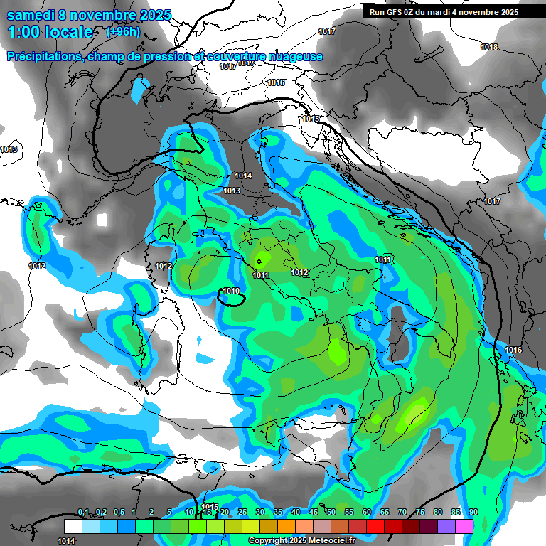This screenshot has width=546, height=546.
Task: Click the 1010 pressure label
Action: point(231,291)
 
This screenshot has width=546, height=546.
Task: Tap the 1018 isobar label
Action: point(489,47)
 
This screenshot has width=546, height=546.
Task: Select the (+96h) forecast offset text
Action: point(123,31)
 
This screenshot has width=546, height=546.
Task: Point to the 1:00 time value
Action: point(23,32)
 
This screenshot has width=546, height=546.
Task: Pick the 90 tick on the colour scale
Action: point(473,513)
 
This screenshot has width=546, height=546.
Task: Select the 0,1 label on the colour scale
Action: point(83,513)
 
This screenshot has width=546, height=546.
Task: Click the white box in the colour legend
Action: point(73,526)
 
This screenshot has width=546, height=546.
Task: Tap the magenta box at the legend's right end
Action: point(464,526)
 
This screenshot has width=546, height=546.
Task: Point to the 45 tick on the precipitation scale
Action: point(314,513)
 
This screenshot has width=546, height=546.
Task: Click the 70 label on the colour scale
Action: point(402,513)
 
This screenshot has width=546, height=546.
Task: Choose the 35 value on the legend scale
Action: point(278,513)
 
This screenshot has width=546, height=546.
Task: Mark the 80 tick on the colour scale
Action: point(438,513)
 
